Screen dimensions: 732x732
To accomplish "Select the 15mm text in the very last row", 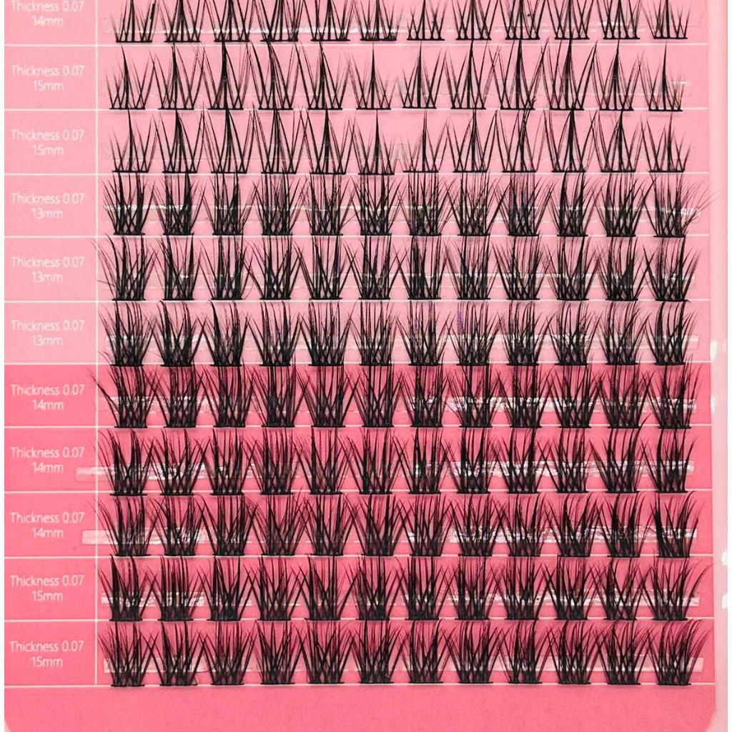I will [x=47, y=662].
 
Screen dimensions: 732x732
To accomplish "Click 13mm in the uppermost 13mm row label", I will [x=47, y=214].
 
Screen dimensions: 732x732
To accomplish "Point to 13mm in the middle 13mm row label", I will [x=47, y=277].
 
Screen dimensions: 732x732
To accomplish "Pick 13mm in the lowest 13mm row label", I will [x=47, y=340].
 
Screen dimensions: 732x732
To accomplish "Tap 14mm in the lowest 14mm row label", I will [x=47, y=533].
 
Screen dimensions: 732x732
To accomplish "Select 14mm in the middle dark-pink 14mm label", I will [x=47, y=468].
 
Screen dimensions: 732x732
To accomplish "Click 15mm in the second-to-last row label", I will [x=47, y=597].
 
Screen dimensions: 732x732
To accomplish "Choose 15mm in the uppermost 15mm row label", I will [x=47, y=86].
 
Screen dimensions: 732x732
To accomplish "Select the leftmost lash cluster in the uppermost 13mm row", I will [x=129, y=207].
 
